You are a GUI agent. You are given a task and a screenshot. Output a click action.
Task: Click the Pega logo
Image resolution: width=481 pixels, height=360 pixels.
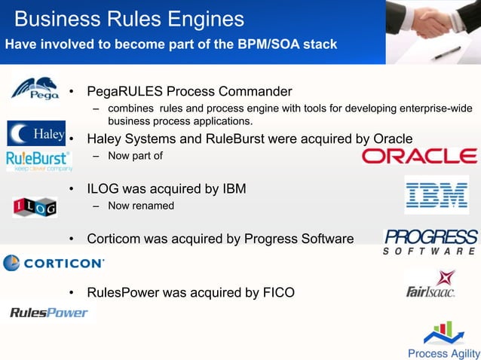pyautogui.click(x=35, y=90)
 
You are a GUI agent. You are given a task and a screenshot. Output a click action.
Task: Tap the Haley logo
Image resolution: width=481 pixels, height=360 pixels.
pyautogui.click(x=37, y=133)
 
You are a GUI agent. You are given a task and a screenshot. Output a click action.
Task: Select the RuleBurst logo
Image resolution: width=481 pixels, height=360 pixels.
pyautogui.click(x=38, y=160)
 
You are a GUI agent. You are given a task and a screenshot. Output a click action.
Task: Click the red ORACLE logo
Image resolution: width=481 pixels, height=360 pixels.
pyautogui.click(x=419, y=156)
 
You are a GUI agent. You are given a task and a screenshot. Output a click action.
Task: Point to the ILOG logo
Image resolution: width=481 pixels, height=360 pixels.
pyautogui.click(x=35, y=207)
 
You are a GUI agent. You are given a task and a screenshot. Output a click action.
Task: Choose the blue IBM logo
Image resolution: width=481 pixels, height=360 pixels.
pyautogui.click(x=436, y=194)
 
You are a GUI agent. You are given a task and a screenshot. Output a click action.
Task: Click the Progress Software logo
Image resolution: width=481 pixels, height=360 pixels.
pyautogui.click(x=430, y=242)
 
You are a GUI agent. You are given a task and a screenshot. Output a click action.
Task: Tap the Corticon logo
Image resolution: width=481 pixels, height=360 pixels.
pyautogui.click(x=54, y=263)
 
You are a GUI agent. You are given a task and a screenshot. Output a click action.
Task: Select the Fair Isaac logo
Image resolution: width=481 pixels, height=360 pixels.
pyautogui.click(x=430, y=284)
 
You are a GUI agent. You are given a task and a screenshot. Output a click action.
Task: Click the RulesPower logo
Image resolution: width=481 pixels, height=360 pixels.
pyautogui.click(x=49, y=312)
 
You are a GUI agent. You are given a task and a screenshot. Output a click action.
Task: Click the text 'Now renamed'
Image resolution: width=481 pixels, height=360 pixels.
pyautogui.click(x=141, y=206)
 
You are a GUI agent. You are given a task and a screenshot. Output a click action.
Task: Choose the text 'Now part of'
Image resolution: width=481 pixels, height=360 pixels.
pyautogui.click(x=135, y=156)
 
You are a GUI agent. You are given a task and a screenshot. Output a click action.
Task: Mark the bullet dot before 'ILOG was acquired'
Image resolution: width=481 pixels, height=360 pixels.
pyautogui.click(x=71, y=189)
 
